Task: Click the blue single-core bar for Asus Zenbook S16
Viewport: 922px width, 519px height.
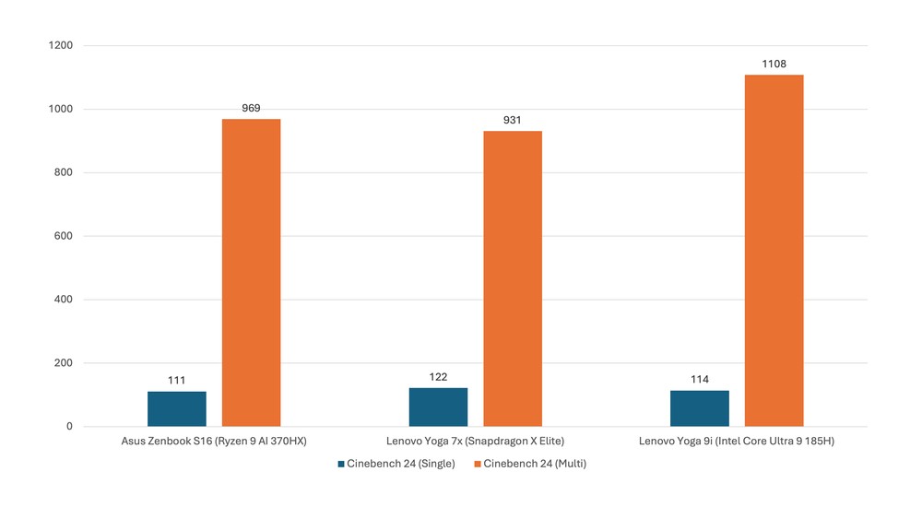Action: tap(177, 409)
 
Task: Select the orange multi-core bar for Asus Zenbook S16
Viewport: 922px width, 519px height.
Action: tap(251, 273)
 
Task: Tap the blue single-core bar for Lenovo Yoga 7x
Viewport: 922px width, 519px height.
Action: tap(438, 407)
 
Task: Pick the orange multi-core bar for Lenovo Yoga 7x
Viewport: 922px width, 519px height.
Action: tap(513, 278)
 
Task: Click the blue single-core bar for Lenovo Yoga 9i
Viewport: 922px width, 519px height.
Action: tap(700, 408)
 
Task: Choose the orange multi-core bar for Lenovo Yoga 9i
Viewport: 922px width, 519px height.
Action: tap(774, 251)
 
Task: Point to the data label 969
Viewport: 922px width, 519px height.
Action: tap(251, 108)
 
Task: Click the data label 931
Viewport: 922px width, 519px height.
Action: tap(513, 120)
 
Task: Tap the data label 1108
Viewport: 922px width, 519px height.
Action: tap(774, 64)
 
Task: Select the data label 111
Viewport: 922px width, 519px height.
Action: tap(177, 381)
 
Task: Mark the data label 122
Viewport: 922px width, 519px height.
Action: tap(438, 377)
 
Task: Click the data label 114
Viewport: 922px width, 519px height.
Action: tap(700, 380)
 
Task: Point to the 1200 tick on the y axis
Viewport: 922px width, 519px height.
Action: tap(62, 45)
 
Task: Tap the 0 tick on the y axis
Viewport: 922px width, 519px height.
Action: tap(69, 427)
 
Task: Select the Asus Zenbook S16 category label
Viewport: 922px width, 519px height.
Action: tap(214, 442)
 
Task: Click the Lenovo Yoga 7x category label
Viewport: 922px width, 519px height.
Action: tap(475, 442)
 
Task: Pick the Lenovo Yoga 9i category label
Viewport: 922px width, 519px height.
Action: tap(737, 442)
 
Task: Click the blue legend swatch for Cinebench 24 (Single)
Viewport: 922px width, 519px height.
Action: tap(340, 464)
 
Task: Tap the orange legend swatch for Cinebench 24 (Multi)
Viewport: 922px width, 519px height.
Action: tap(477, 464)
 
